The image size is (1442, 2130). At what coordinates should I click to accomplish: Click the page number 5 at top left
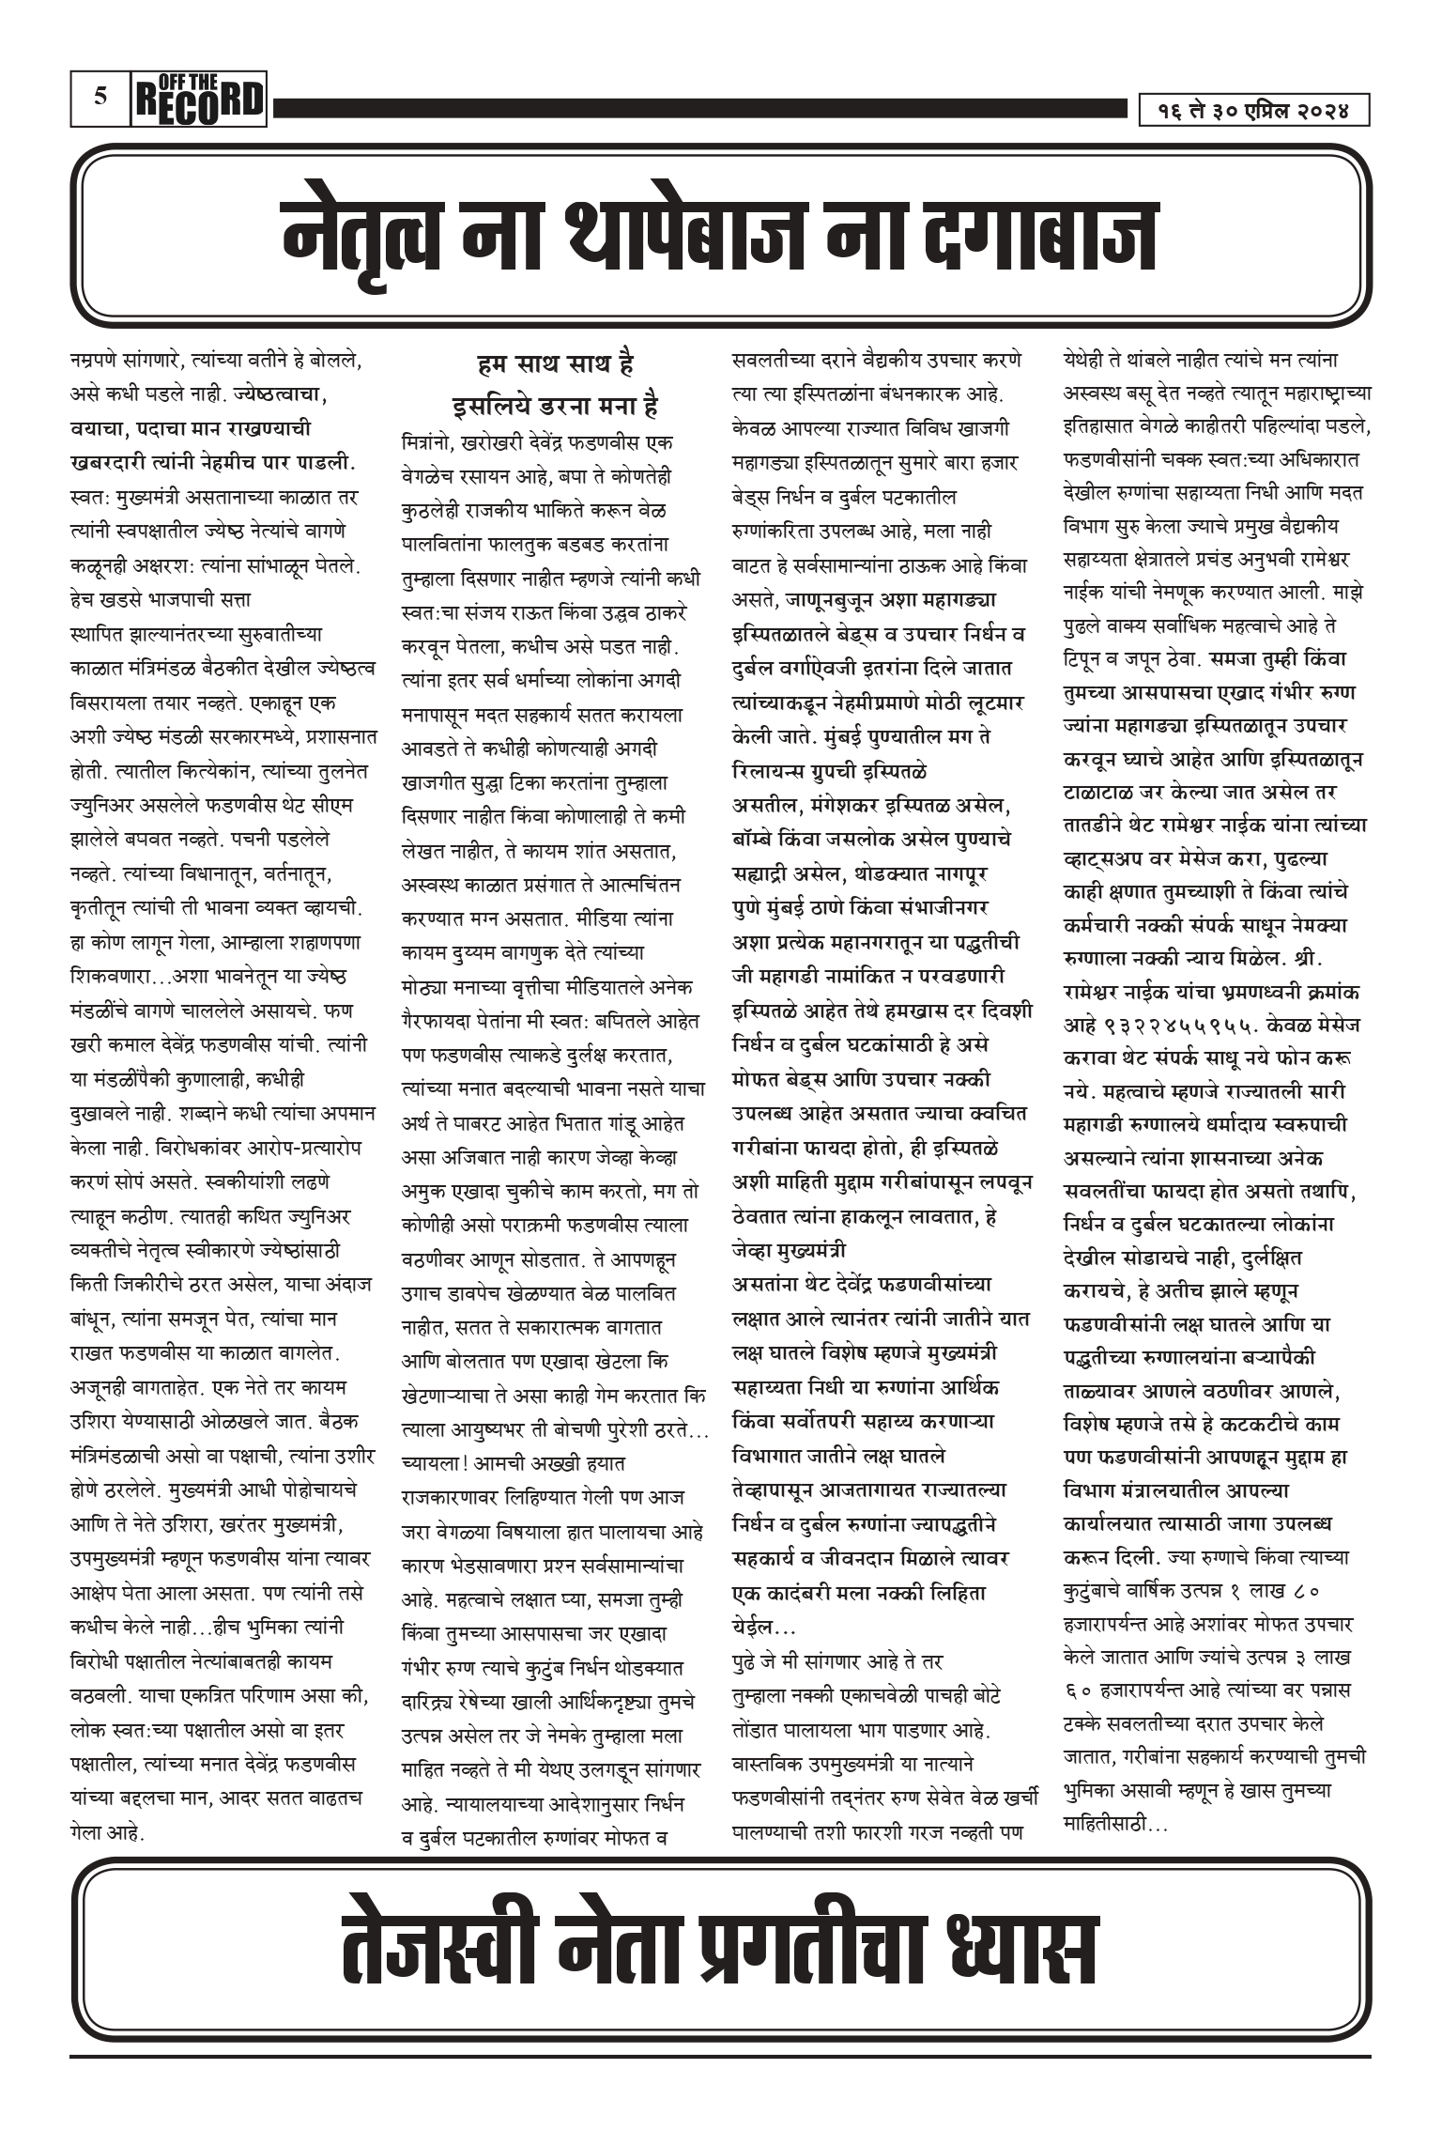click(x=100, y=96)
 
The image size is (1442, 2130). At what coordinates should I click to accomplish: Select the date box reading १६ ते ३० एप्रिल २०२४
click(x=1253, y=111)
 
